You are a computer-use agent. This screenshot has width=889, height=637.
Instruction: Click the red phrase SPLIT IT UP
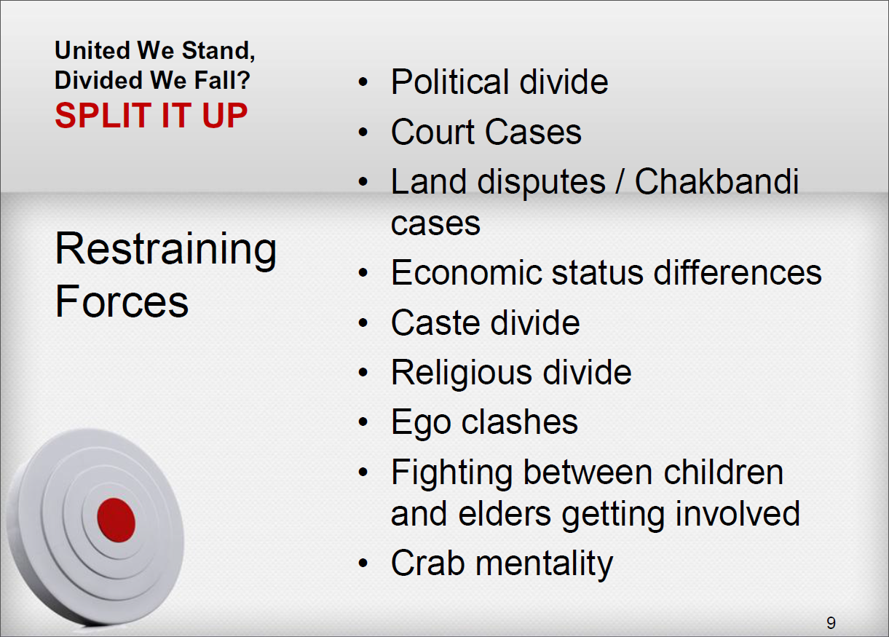[x=151, y=115]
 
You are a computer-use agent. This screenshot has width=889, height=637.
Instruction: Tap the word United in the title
[x=92, y=50]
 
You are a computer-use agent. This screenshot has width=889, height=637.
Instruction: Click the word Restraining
[x=166, y=249]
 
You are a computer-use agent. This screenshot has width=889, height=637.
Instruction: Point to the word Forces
[x=122, y=301]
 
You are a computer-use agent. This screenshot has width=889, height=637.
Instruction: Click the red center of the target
[x=116, y=521]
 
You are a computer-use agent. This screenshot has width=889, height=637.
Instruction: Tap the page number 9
[x=831, y=622]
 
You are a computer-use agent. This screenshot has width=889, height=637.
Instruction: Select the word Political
[x=451, y=82]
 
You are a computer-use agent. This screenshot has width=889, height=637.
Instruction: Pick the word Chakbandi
[x=716, y=181]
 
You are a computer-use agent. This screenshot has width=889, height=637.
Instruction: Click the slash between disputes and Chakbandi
[x=620, y=181]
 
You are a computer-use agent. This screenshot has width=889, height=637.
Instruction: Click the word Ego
[x=421, y=423]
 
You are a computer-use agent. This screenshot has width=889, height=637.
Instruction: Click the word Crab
[x=428, y=563]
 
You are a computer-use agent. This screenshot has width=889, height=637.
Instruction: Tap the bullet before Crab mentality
[x=363, y=563]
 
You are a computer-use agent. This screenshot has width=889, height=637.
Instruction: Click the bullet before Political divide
[x=363, y=82]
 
